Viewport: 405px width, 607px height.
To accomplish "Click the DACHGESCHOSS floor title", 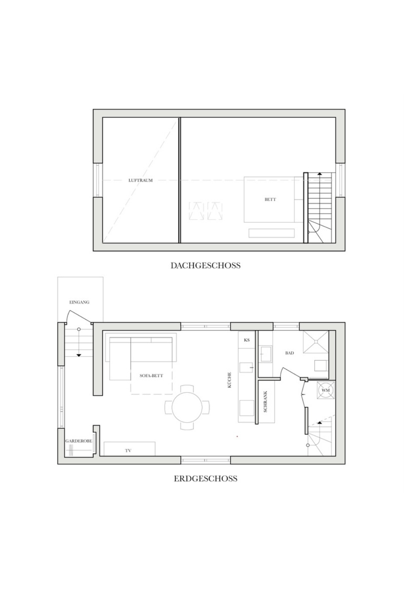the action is [x=205, y=265].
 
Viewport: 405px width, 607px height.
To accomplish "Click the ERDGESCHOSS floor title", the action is [x=205, y=479].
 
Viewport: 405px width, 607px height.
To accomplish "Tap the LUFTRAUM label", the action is [x=140, y=180].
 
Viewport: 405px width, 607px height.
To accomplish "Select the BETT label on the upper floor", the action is [x=270, y=199].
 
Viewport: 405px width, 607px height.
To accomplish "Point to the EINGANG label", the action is [x=79, y=302].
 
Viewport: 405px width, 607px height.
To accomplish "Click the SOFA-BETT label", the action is [x=151, y=376].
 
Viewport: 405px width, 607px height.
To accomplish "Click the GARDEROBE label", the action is [x=79, y=441].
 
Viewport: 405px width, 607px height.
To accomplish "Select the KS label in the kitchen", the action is [x=247, y=340].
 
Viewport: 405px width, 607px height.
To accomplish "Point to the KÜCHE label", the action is [x=230, y=380].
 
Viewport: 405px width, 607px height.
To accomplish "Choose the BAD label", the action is [x=289, y=353].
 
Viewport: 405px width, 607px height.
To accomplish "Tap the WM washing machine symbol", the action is [x=325, y=391].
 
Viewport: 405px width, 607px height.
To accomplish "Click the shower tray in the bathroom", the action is [x=315, y=342].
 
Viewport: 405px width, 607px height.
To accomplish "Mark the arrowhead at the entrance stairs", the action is [x=79, y=355].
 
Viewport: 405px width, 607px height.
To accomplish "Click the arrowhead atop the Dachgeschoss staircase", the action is [x=320, y=173].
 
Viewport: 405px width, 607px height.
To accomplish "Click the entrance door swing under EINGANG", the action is [x=79, y=315].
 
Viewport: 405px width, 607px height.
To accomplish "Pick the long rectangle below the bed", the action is [x=271, y=233].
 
